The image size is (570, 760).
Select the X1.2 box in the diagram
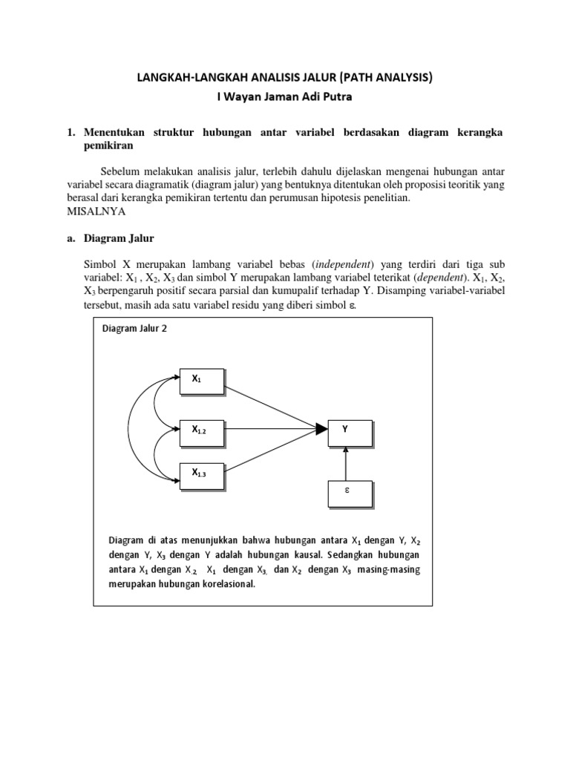[x=201, y=430]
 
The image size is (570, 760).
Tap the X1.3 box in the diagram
[x=201, y=474]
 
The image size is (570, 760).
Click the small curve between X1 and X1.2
[x=155, y=402]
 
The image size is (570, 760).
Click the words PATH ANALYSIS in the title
[x=387, y=77]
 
